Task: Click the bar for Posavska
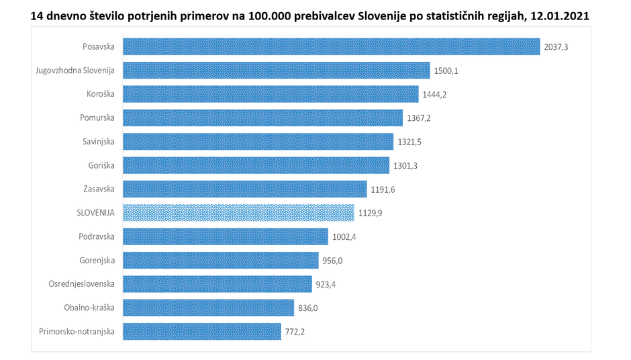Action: (331, 46)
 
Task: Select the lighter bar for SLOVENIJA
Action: (238, 213)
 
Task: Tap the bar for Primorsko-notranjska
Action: (201, 331)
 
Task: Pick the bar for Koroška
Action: (271, 94)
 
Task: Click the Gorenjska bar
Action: (220, 260)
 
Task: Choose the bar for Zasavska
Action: (244, 189)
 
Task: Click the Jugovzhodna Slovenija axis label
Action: (75, 70)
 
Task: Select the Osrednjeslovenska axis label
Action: (81, 283)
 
